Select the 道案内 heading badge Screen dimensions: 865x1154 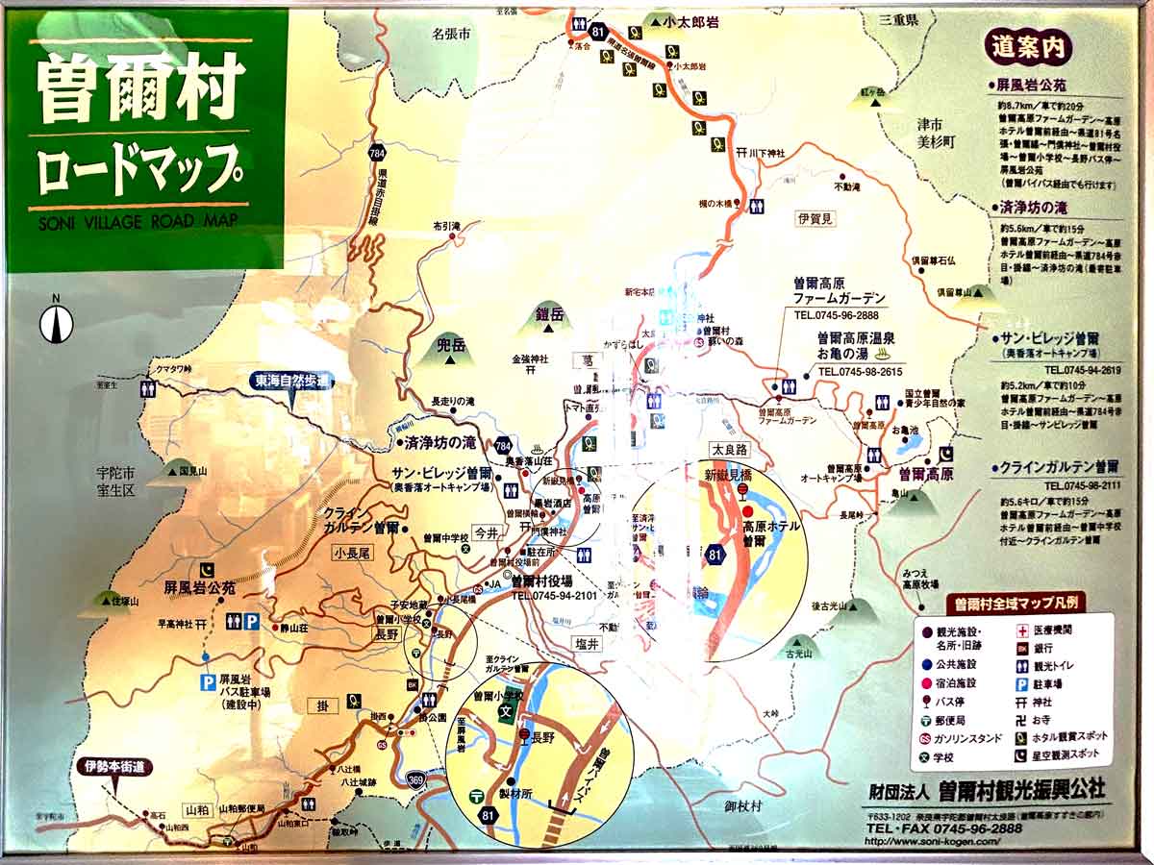[1027, 45]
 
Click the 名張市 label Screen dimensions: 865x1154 [451, 34]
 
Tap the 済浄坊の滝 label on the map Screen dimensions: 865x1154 [440, 444]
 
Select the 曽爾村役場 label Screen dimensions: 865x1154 [541, 581]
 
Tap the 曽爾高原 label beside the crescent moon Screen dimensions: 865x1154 [925, 474]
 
